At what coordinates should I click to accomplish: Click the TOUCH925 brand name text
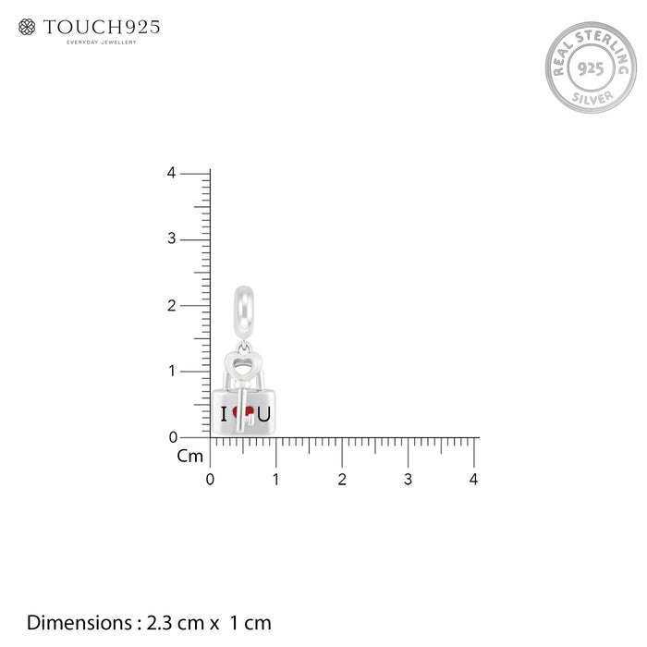coord(102,27)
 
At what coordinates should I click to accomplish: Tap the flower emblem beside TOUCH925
coord(27,27)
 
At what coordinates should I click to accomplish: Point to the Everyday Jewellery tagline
coord(102,43)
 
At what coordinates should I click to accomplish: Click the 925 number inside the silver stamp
coord(591,68)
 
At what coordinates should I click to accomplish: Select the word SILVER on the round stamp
coord(592,98)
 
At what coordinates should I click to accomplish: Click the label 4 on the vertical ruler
coord(172,173)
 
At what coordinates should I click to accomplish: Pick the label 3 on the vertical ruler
coord(172,238)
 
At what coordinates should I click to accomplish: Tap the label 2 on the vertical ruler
coord(172,305)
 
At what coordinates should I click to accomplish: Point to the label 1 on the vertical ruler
coord(172,371)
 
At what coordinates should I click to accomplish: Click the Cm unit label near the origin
coord(190,456)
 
